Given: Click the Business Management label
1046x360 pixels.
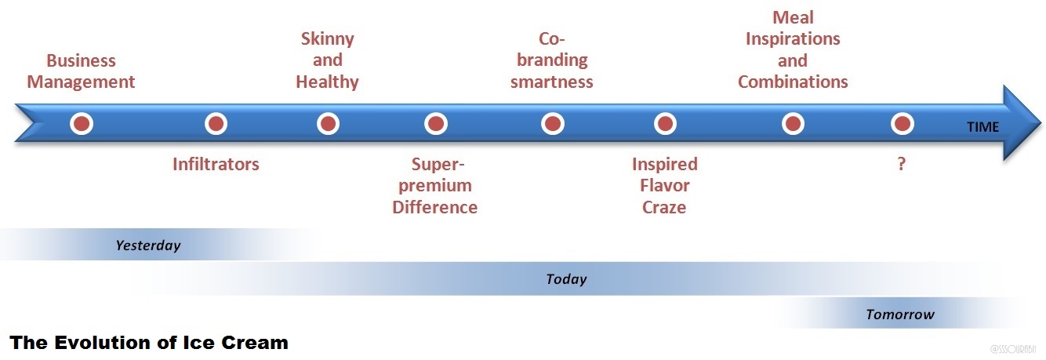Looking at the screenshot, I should pos(82,71).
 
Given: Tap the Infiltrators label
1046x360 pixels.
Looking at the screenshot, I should pos(216,164).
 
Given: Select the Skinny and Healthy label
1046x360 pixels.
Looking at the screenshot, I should pos(327,60).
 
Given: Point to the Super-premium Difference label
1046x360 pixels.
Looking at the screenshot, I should pos(435,186).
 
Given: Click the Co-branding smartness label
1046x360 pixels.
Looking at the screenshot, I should pos(552,60).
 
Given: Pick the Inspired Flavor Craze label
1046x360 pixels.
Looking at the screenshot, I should pos(664,186).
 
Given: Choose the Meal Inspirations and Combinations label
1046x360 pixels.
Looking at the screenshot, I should pos(793,49).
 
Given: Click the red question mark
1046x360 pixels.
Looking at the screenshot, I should pos(902,165).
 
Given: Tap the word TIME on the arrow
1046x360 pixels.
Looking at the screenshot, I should pos(982,127).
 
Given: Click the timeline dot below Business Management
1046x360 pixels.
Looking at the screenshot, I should pos(82,124).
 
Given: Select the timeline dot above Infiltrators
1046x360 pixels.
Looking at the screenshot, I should pos(216,124).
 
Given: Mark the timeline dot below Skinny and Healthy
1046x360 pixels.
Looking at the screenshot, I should pos(328,124).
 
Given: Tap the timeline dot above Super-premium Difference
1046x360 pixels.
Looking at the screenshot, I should pos(435,124).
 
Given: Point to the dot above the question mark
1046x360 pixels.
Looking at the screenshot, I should pos(903,124).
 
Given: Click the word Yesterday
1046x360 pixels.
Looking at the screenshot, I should pos(148,245).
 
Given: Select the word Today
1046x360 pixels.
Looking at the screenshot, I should pos(566,279).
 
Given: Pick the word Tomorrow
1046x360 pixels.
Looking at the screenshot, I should pos(900,315).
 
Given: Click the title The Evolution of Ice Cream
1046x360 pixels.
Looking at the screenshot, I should pos(149,343).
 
